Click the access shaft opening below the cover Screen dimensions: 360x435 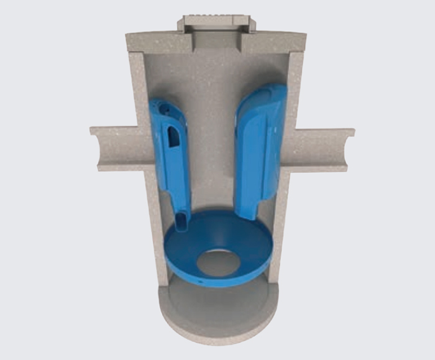tap(216, 44)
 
